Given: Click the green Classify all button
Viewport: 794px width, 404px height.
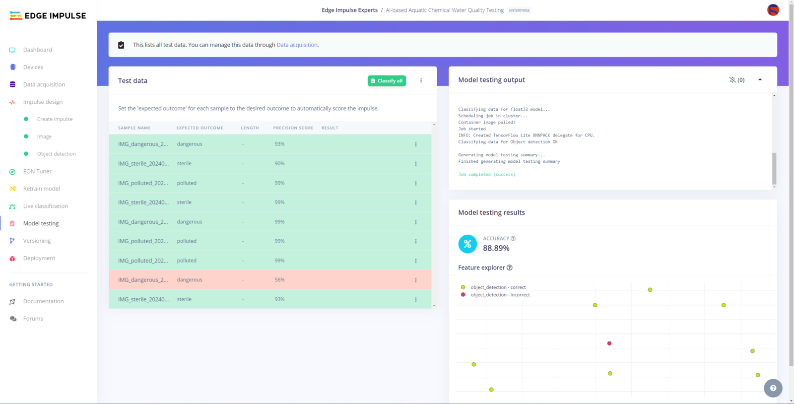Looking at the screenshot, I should tap(387, 81).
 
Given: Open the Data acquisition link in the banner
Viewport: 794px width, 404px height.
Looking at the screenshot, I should tap(297, 45).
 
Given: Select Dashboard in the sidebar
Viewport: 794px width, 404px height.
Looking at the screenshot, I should tap(37, 50).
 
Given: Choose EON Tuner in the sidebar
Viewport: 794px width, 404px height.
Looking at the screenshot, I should tap(37, 171).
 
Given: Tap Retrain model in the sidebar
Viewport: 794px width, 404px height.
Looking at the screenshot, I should tap(41, 189).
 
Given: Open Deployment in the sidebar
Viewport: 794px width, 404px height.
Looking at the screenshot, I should tap(39, 258).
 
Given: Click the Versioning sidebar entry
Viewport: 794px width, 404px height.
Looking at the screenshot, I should tap(37, 241).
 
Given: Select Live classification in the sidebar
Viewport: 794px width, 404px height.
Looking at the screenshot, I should tap(45, 206).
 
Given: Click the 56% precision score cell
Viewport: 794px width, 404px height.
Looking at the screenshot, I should tap(280, 280).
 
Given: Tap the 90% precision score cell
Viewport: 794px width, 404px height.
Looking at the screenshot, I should tap(280, 163).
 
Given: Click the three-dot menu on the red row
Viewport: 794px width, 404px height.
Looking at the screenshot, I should tap(416, 280).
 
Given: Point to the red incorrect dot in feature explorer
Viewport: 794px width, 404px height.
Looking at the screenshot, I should tap(609, 343).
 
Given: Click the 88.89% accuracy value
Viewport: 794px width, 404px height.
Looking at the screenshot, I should tap(496, 248).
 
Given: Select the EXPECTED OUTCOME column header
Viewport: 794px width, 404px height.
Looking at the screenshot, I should tap(199, 128).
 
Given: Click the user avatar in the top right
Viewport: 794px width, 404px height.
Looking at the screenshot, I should tap(773, 10).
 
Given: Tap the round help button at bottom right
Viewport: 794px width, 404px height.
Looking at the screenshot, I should tap(773, 388).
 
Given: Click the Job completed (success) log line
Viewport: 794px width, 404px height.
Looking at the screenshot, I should tap(487, 175).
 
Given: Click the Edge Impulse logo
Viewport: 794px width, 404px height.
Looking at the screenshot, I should tap(48, 16).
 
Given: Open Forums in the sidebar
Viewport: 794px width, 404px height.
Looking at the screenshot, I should tap(33, 319).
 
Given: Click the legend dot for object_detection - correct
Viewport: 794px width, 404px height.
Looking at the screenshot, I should tap(463, 287).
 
